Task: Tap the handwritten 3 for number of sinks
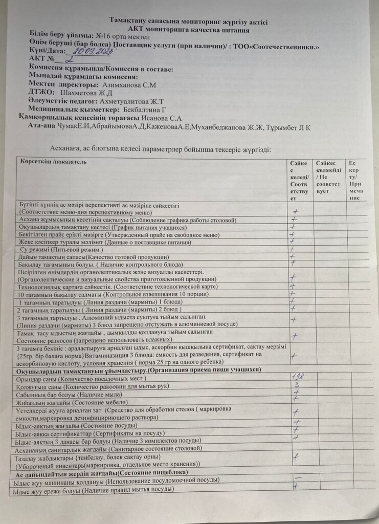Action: (296, 385)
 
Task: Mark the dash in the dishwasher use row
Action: (297, 477)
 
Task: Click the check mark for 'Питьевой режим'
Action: (293, 248)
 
